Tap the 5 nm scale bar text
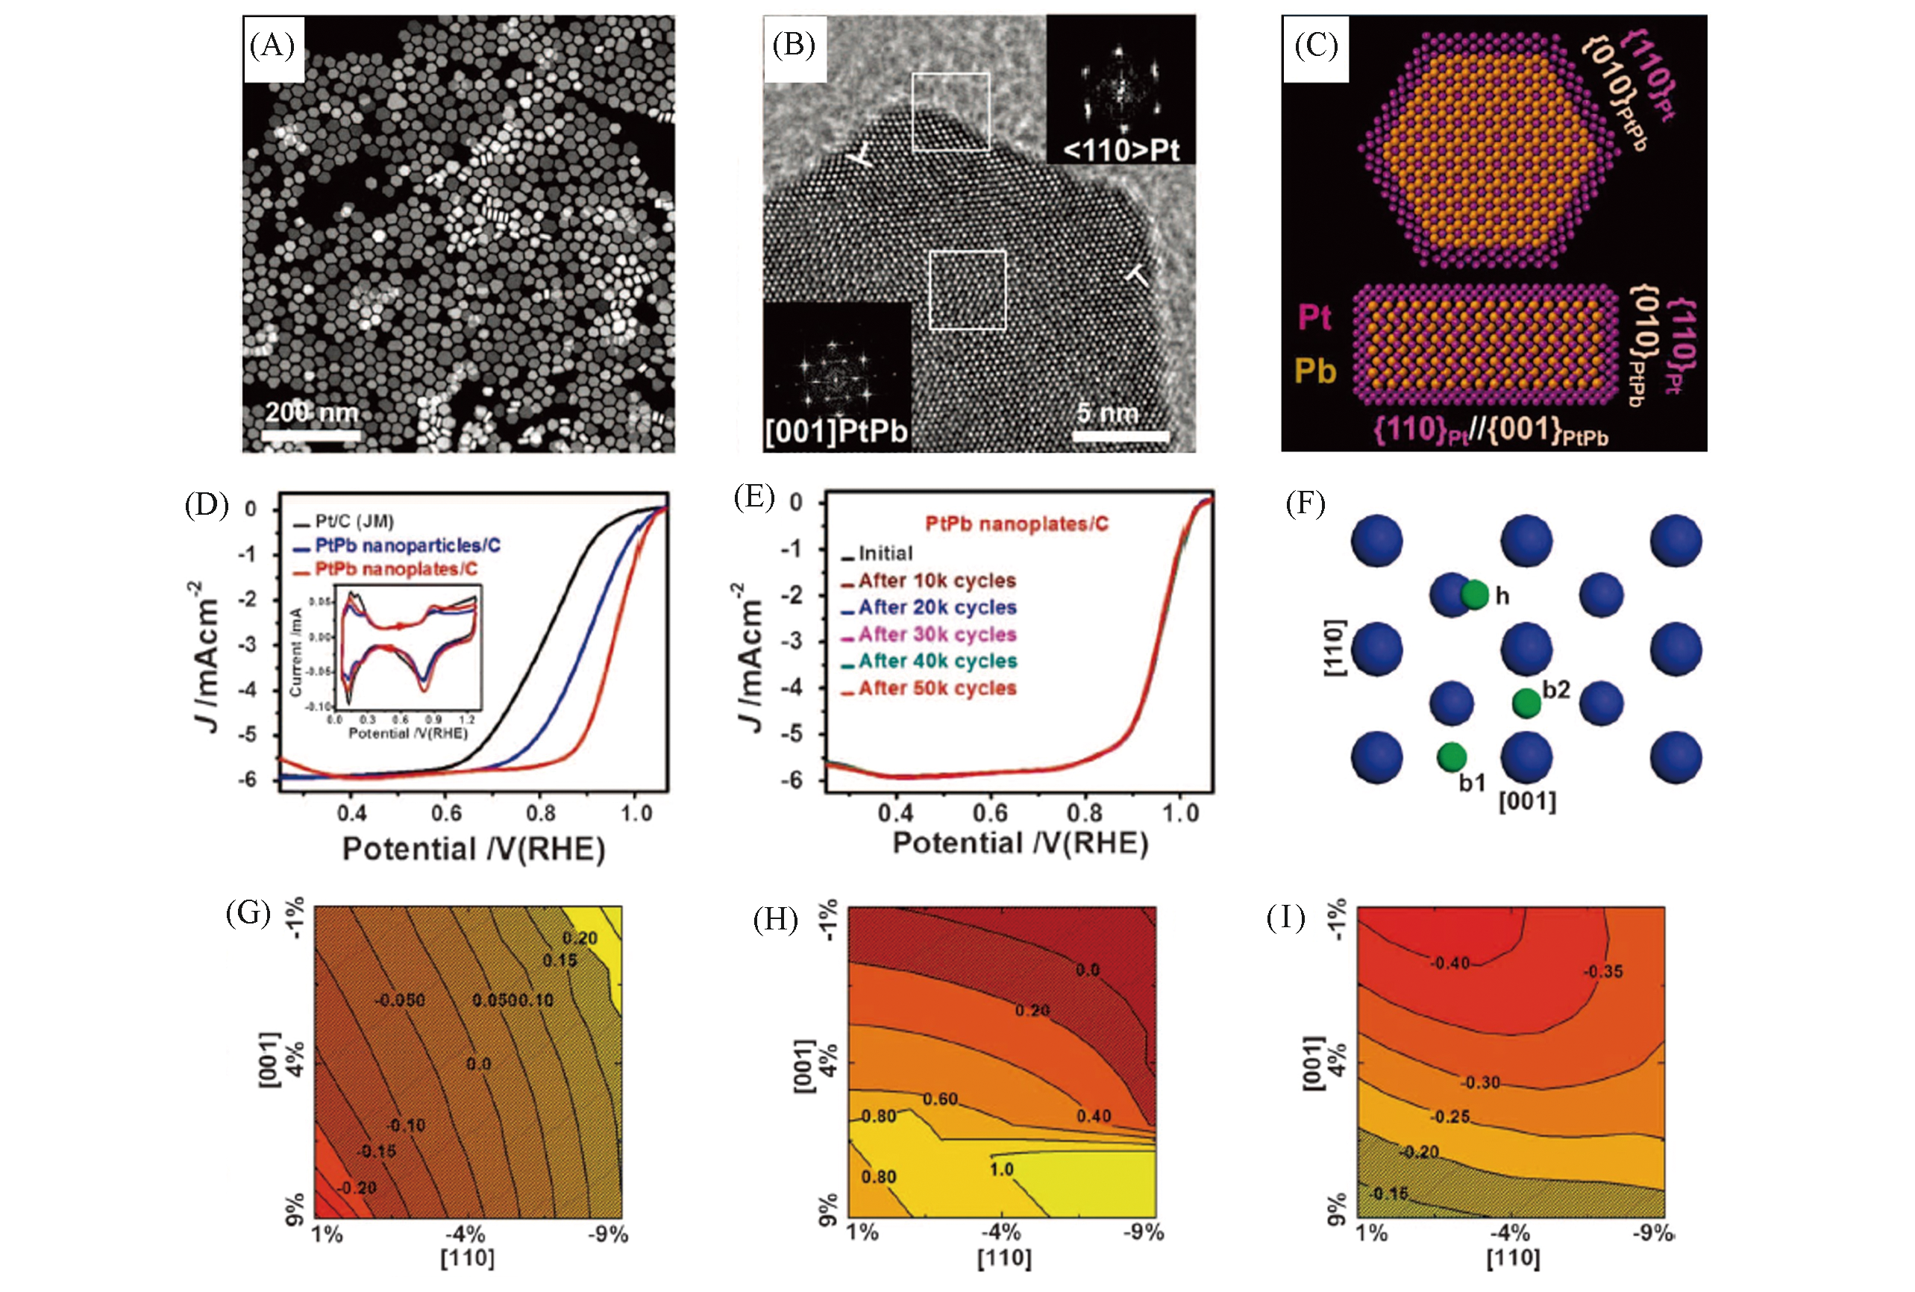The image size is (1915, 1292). [x=1108, y=413]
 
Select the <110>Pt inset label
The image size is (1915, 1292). [x=1121, y=150]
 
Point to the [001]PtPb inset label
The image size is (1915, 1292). [x=836, y=431]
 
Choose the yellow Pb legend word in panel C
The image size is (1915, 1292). [x=1314, y=371]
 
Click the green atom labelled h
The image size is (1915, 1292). [x=1475, y=594]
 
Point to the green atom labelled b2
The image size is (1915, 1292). [x=1526, y=702]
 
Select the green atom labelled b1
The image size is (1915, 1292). [x=1451, y=756]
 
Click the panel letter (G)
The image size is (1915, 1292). [x=248, y=913]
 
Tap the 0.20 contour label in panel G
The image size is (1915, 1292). [x=580, y=938]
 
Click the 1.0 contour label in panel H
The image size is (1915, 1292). [x=1001, y=1169]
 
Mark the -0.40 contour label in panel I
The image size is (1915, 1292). [x=1449, y=962]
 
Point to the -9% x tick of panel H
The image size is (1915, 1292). [x=1143, y=1232]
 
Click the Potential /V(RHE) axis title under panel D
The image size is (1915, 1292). [x=473, y=849]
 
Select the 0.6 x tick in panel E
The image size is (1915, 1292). [x=990, y=812]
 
